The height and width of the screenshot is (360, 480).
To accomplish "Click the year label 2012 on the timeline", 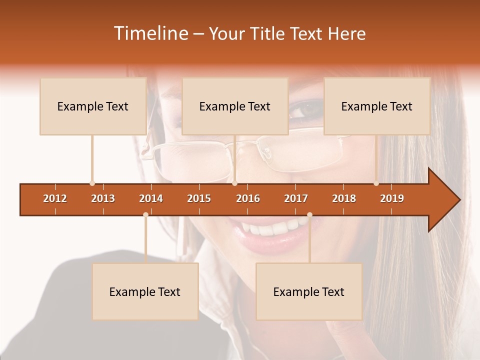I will (x=55, y=198).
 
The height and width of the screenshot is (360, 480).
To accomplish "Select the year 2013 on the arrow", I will (x=103, y=198).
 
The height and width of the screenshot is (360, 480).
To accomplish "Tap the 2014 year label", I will (x=151, y=198).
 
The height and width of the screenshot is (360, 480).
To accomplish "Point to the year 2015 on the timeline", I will (x=199, y=198).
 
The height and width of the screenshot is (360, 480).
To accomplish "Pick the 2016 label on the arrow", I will (x=248, y=198).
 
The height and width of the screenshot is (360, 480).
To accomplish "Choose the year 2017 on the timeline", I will (x=296, y=198).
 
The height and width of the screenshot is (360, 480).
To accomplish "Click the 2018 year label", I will (x=344, y=198).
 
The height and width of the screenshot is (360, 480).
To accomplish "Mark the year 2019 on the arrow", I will (x=392, y=198).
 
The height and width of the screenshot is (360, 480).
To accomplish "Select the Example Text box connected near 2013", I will (x=93, y=106).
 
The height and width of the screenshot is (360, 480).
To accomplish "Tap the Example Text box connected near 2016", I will (x=235, y=106).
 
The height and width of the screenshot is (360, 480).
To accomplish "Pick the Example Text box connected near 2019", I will (x=377, y=106).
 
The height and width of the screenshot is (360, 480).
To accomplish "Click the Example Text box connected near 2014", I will (x=145, y=291).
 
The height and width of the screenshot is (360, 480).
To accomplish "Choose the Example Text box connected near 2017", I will (x=309, y=291).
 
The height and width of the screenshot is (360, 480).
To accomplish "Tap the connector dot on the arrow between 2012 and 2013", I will (x=92, y=183).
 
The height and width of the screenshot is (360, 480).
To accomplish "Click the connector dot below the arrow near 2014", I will (x=145, y=214).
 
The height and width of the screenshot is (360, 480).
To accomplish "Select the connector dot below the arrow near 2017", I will (x=309, y=214).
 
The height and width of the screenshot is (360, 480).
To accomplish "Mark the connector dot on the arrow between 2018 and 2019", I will (x=376, y=183).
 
